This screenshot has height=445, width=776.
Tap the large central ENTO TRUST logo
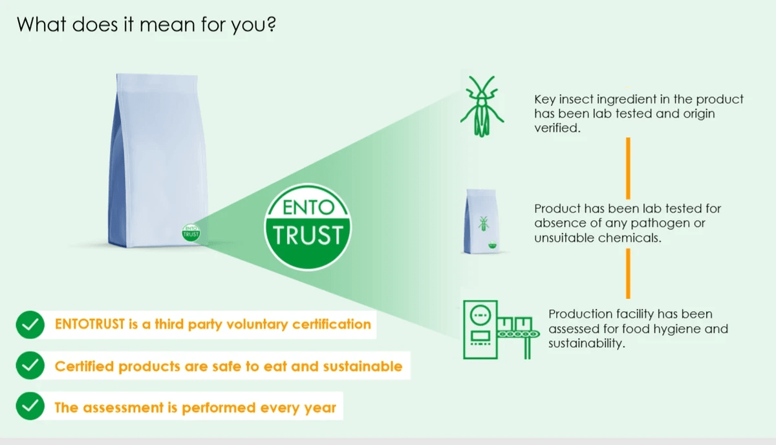308,228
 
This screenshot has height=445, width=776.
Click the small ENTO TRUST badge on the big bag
191,232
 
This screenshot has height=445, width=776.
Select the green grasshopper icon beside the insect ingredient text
482,106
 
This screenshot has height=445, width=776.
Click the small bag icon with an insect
482,221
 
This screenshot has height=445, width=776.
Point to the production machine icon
501,330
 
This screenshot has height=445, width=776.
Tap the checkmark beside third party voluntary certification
30,325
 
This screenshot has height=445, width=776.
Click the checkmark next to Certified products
30,365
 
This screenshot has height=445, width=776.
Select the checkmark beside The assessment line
30,406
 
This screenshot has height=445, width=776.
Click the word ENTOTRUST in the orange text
90,324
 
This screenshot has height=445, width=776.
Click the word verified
557,128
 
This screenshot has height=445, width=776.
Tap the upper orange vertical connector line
628,168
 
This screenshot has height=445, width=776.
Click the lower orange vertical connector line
628,274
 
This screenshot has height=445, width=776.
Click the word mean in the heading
167,25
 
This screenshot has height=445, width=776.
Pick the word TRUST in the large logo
308,235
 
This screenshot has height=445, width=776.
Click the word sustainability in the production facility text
587,343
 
